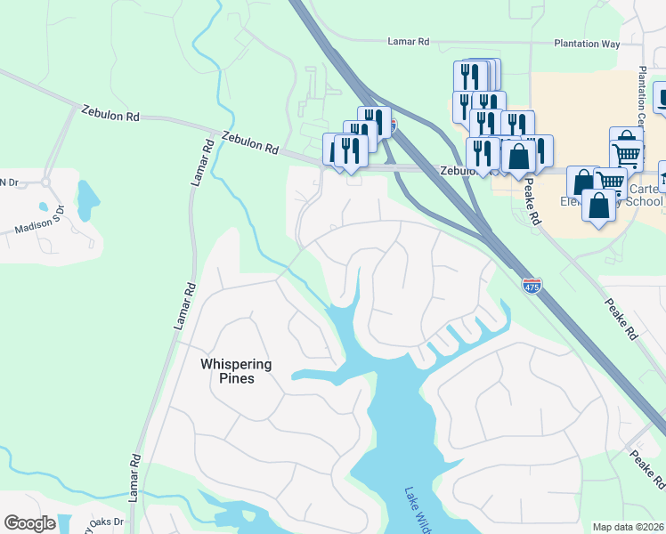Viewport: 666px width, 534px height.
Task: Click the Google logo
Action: [30, 522]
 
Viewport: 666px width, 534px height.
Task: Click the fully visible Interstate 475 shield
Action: [532, 286]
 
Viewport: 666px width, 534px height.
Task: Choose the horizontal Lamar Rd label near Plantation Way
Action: [409, 41]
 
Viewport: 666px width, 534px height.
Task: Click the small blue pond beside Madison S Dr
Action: [87, 200]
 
